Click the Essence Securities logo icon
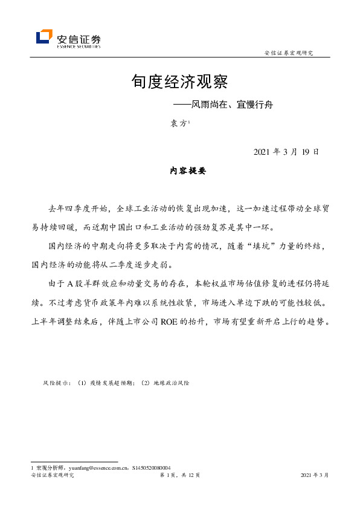pyautogui.click(x=44, y=37)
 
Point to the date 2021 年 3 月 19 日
pyautogui.click(x=286, y=152)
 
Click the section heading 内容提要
pyautogui.click(x=187, y=172)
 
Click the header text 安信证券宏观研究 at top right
pyautogui.click(x=289, y=53)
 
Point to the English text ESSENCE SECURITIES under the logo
pyautogui.click(x=78, y=46)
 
